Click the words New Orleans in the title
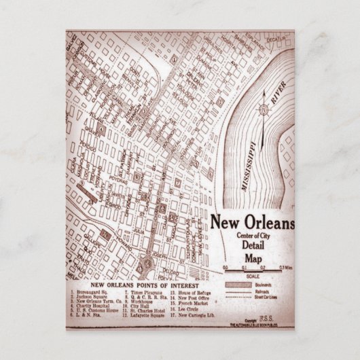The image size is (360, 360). [252, 223]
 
